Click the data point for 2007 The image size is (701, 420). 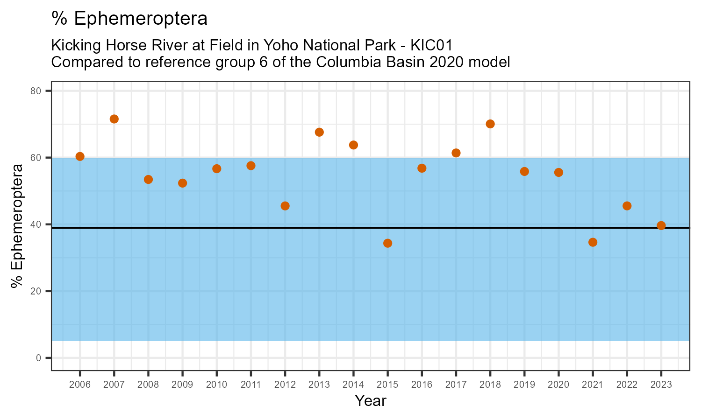point(114,119)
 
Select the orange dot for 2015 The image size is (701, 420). point(387,243)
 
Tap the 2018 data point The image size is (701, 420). point(490,124)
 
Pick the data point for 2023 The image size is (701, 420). point(661,225)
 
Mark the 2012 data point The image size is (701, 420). point(285,206)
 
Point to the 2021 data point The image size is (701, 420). point(593,242)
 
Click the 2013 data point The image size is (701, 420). point(319,132)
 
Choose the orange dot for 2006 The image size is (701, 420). point(80,156)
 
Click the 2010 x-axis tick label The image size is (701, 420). point(216,385)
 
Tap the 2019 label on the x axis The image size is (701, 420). point(524,385)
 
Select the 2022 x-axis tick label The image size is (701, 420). point(627,385)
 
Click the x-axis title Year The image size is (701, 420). point(370,401)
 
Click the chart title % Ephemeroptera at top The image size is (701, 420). point(129,19)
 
